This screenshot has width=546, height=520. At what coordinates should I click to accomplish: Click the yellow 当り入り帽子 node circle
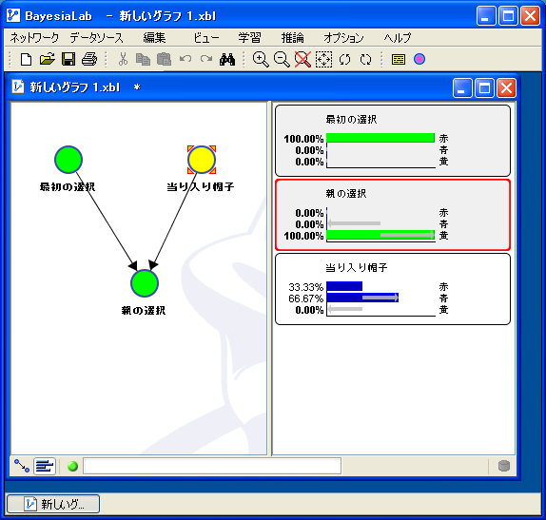(202, 160)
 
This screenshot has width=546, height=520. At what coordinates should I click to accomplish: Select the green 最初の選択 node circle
(68, 160)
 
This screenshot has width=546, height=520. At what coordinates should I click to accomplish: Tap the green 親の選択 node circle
(145, 283)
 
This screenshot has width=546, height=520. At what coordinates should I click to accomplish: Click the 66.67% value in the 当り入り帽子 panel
(305, 299)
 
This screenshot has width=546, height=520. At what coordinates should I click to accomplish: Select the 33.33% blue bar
(344, 286)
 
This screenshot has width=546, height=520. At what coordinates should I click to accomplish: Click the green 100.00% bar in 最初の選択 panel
(380, 138)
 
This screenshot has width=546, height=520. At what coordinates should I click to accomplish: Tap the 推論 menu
(293, 38)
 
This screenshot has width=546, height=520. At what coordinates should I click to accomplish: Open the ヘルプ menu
(398, 38)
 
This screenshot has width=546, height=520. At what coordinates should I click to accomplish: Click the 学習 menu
(249, 38)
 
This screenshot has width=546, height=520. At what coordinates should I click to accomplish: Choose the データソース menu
(96, 38)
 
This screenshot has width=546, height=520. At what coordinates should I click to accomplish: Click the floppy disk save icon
(68, 59)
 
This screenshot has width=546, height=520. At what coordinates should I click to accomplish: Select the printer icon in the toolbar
(89, 59)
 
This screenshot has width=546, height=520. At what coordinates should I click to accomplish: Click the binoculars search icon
(227, 60)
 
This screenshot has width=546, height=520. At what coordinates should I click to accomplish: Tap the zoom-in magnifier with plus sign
(261, 59)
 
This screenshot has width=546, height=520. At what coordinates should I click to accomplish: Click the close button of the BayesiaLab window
(530, 16)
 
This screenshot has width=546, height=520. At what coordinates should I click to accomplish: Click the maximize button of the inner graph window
(484, 87)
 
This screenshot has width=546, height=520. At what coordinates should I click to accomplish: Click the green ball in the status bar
(72, 466)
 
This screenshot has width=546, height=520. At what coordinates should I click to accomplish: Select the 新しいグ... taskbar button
(53, 504)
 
